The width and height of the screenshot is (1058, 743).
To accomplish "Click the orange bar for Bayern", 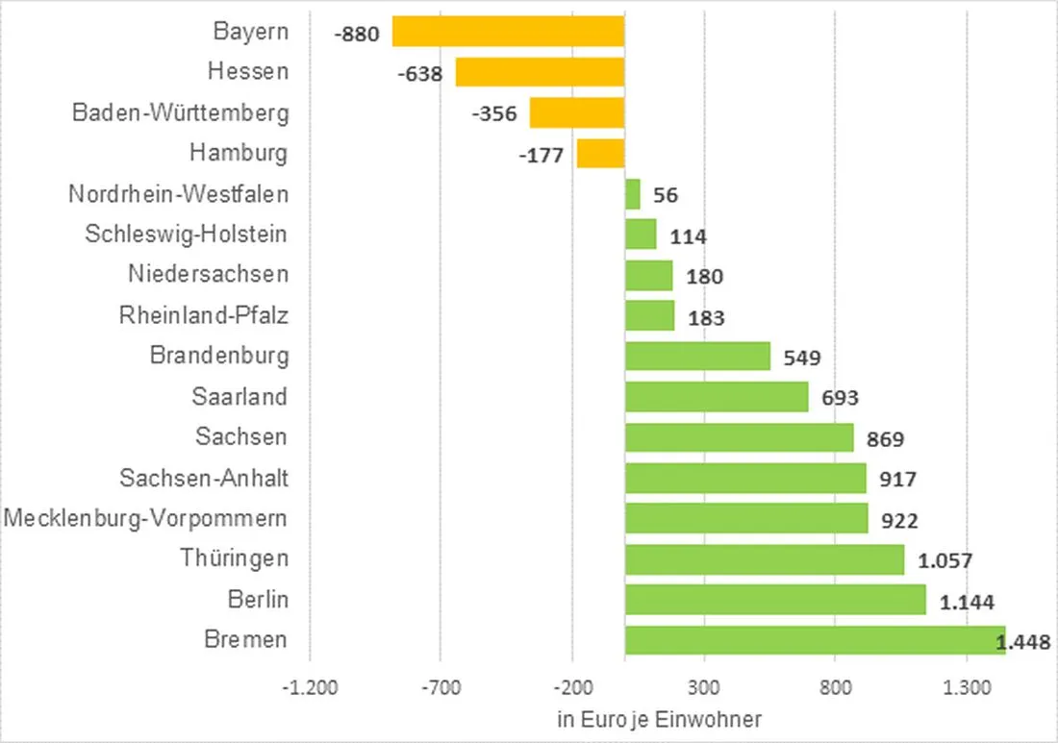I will point(508,32).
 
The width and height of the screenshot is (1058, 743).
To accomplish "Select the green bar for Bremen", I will point(815,640).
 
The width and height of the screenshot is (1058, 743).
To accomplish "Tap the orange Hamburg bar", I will point(600,154).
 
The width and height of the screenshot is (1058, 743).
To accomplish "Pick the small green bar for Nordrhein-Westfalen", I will point(633,194).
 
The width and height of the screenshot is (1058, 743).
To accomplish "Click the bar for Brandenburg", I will point(697,356).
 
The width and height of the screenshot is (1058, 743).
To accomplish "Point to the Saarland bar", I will point(717,397).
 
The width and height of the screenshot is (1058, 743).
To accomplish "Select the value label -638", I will point(419,73).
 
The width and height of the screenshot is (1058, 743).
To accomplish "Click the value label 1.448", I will point(1026,642).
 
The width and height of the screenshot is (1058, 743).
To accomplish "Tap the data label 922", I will point(899,521).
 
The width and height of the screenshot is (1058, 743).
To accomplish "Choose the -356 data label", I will point(494,113).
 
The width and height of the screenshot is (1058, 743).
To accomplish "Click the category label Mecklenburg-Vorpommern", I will point(146,519).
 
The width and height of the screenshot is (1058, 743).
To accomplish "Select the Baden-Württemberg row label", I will point(181,112).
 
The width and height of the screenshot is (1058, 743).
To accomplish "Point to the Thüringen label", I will point(234,558).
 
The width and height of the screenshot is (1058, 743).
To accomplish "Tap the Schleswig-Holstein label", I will point(186,234).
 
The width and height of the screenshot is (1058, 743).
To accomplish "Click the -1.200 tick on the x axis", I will point(311,688).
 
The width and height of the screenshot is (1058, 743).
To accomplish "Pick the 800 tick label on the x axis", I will point(835,688).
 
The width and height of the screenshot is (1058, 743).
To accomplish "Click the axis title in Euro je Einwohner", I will point(659,719).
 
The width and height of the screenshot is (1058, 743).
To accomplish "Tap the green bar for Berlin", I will point(775,600).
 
